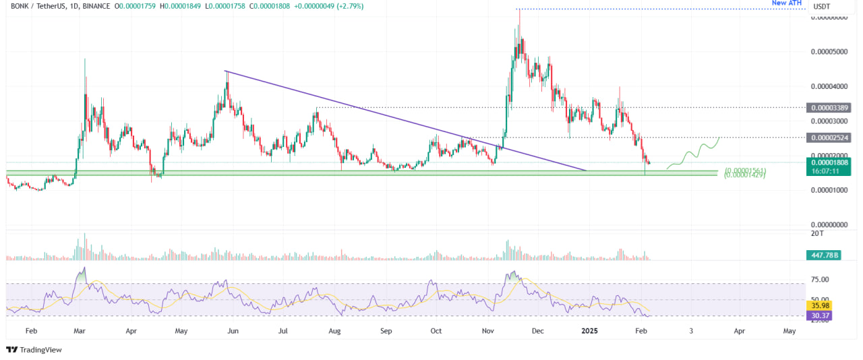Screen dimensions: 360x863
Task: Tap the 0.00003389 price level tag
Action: (x=830, y=107)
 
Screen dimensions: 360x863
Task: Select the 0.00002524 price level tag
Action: (x=830, y=138)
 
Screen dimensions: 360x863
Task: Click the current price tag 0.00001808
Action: (x=830, y=162)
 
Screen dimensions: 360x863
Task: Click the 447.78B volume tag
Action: (x=824, y=255)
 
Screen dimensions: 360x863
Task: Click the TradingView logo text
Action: (x=40, y=349)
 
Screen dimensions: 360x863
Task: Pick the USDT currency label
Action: (x=821, y=7)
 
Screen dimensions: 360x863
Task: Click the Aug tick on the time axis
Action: (x=334, y=332)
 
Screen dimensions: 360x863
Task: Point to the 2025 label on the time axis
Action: (x=589, y=332)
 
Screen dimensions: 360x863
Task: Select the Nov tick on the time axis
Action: (x=487, y=332)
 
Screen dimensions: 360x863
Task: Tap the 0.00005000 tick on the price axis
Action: (x=829, y=52)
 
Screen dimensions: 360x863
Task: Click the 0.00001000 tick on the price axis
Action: (x=829, y=190)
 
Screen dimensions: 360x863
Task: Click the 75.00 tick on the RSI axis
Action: (x=820, y=279)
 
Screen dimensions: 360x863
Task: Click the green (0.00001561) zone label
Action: (x=745, y=170)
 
